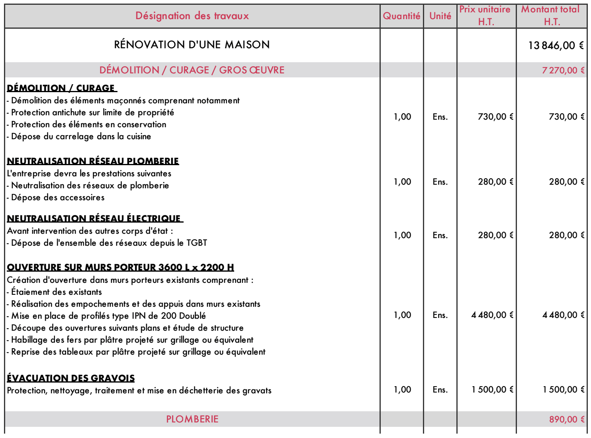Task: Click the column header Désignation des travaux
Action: coord(192,16)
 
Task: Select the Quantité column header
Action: coord(401,16)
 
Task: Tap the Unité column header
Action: coord(440,16)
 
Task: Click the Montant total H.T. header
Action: coord(551,16)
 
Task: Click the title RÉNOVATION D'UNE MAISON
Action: coord(192,45)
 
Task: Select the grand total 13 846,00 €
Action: coord(556,45)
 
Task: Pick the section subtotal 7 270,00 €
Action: coord(563,70)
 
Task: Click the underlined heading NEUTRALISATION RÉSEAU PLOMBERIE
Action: coord(93,161)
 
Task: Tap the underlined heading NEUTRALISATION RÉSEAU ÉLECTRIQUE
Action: coord(94,219)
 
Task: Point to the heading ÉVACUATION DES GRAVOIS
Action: coord(71,378)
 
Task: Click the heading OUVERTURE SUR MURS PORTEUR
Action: coord(120,267)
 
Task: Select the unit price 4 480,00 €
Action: coord(492,315)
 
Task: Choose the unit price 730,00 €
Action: coord(495,117)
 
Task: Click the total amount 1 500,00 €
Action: coord(563,390)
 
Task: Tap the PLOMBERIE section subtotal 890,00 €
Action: coord(566,419)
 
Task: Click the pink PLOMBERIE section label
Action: coord(192,419)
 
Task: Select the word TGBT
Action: coord(197,243)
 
